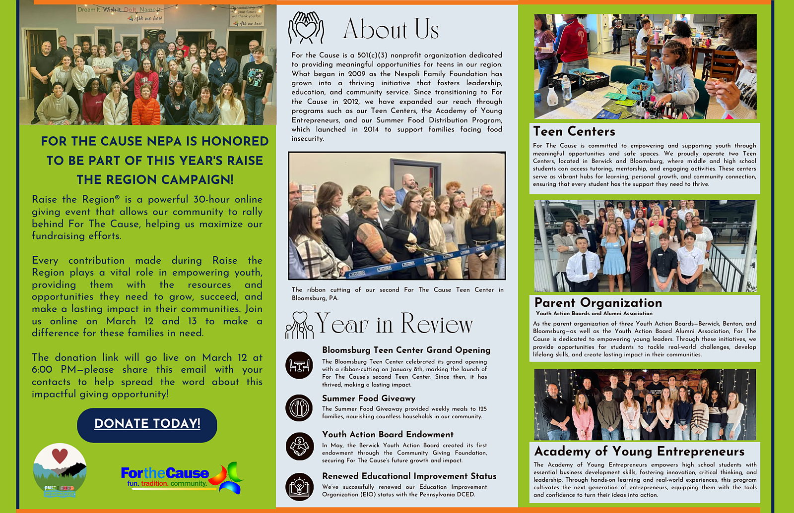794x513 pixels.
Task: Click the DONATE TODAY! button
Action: (x=147, y=425)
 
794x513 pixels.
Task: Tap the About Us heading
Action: (x=391, y=29)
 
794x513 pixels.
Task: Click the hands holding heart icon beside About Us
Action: (x=306, y=28)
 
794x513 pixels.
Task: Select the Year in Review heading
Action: (x=395, y=324)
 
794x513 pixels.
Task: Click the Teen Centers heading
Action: (x=574, y=131)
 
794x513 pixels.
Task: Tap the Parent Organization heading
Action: (x=598, y=303)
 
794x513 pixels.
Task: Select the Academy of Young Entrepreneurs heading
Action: (x=639, y=452)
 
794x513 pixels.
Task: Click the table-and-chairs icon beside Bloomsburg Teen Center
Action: (x=299, y=365)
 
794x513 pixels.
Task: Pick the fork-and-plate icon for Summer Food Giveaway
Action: (x=299, y=408)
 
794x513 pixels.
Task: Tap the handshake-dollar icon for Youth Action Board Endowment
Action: (x=299, y=446)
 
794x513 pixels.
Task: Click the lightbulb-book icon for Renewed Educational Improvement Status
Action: (x=299, y=486)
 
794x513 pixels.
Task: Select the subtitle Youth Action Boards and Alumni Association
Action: (x=594, y=313)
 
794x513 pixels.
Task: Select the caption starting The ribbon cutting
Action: (x=397, y=293)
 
